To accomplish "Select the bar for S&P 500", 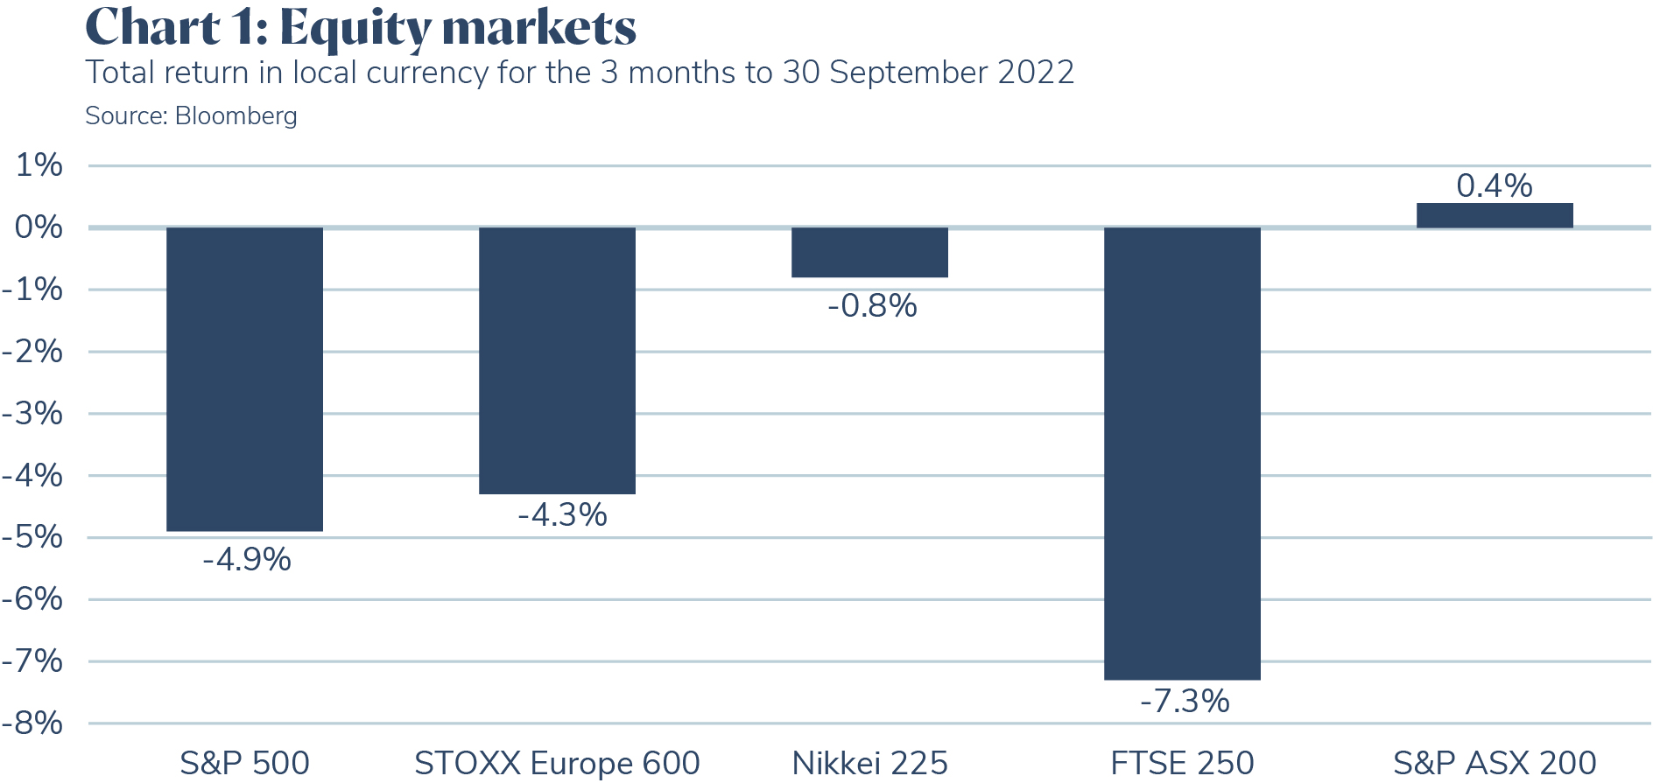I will pos(244,378).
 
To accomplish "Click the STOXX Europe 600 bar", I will pos(557,360).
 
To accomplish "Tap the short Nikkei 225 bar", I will pos(869,252).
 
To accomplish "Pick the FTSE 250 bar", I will pos(1182,452).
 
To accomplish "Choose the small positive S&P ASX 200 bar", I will pos(1495,215).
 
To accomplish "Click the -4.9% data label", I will pos(247,559).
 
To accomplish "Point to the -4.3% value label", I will pos(562,514).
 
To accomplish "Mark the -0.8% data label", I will pos(872,305).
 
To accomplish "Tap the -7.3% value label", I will pos(1185,701).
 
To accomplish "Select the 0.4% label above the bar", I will pos(1494,185).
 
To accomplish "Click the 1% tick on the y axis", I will pos(39,164).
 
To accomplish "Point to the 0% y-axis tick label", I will pos(39,227).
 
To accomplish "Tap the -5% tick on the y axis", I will pos(33,537).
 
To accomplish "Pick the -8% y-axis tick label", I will pos(33,724).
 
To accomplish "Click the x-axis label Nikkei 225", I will pos(869,763).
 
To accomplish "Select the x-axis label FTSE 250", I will pos(1182,763).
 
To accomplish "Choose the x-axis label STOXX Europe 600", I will pos(557,763).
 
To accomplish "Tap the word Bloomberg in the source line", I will pos(236,115).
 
